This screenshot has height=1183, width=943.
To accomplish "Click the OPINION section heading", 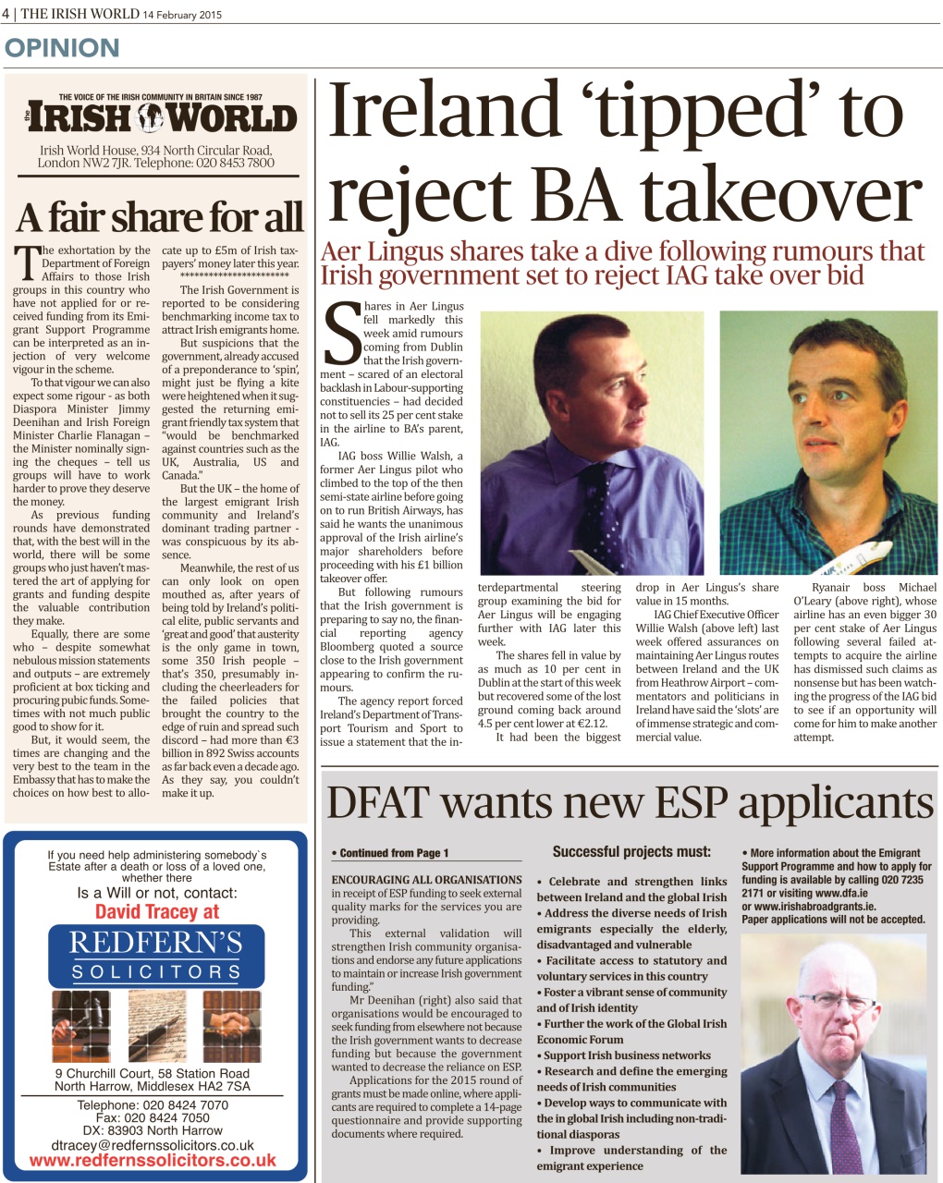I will click(63, 48).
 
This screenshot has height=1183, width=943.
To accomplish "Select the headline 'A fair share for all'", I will click(158, 218).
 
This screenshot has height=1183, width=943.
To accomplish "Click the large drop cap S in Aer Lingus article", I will click(342, 334).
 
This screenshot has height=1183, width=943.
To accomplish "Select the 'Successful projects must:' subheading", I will click(631, 851).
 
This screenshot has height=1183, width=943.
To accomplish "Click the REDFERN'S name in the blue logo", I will click(155, 943).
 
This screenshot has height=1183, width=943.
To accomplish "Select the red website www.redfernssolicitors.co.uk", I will click(153, 1161).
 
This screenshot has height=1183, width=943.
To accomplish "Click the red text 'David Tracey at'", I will click(157, 912).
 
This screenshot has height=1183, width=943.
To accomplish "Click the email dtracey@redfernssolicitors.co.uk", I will click(153, 1145).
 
